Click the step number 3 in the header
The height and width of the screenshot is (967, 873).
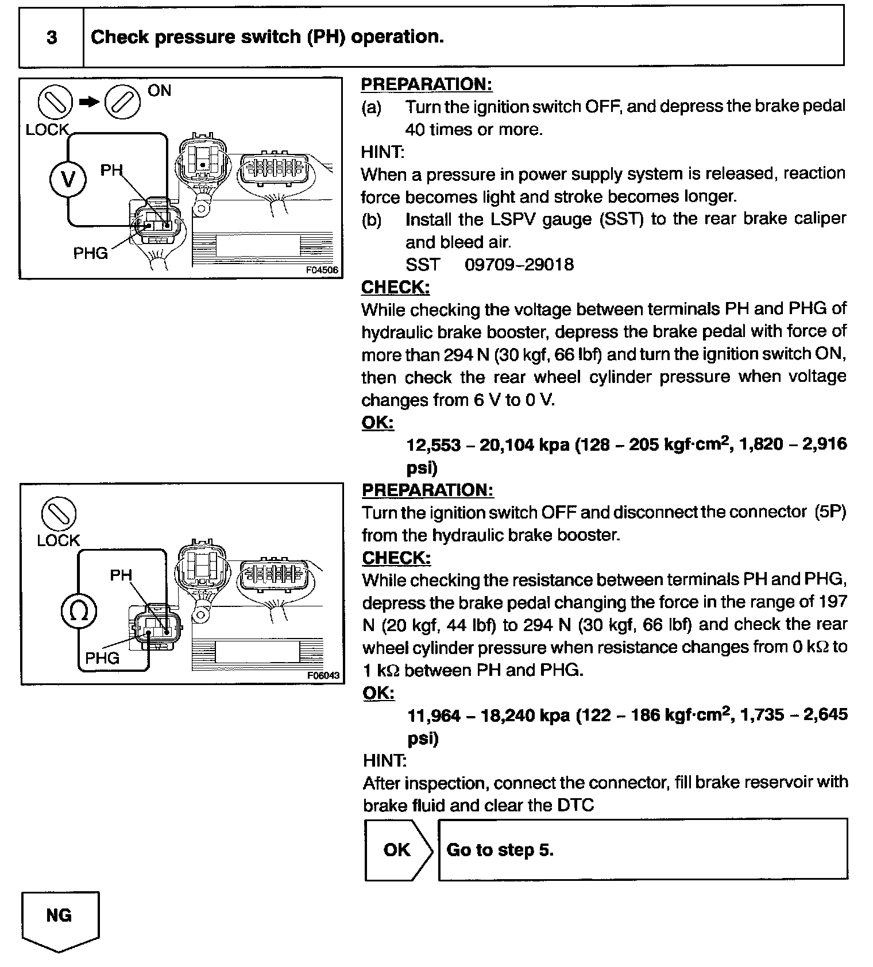pyautogui.click(x=52, y=38)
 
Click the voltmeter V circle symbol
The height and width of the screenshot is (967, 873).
pyautogui.click(x=68, y=180)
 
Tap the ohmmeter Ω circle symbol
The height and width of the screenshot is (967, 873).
pyautogui.click(x=79, y=610)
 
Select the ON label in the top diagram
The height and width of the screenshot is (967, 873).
pyautogui.click(x=159, y=91)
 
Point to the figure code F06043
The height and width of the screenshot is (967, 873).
pyautogui.click(x=323, y=675)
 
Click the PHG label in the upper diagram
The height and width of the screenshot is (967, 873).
pyautogui.click(x=90, y=253)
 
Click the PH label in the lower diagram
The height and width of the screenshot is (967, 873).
pyautogui.click(x=121, y=575)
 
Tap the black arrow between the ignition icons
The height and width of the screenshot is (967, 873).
pyautogui.click(x=89, y=102)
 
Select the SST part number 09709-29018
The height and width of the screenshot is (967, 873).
pyautogui.click(x=519, y=265)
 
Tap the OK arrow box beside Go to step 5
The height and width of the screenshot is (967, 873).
pyautogui.click(x=397, y=850)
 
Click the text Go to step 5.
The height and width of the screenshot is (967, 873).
pyautogui.click(x=500, y=850)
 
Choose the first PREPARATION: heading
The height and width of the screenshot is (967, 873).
pyautogui.click(x=427, y=84)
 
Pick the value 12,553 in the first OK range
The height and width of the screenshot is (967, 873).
pyautogui.click(x=434, y=445)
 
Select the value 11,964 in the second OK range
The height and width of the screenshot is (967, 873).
pyautogui.click(x=434, y=715)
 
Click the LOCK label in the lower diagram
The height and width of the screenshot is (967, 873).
pyautogui.click(x=58, y=540)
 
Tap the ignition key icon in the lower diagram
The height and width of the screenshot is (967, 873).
pyautogui.click(x=59, y=513)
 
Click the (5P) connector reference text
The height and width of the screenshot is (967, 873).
pyautogui.click(x=830, y=512)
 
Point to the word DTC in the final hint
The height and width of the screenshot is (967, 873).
pyautogui.click(x=575, y=806)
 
